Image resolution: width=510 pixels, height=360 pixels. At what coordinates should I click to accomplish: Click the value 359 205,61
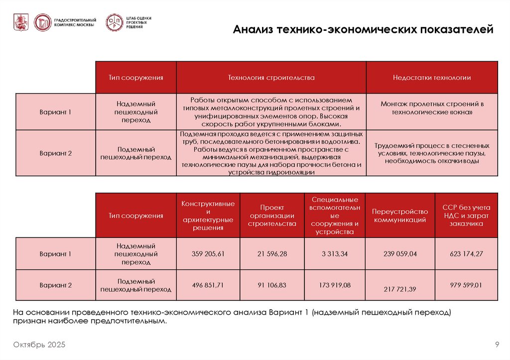pyautogui.click(x=208, y=254)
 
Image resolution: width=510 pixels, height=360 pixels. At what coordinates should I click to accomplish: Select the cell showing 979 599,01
pyautogui.click(x=466, y=285)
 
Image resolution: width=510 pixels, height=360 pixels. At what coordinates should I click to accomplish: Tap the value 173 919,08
pyautogui.click(x=335, y=285)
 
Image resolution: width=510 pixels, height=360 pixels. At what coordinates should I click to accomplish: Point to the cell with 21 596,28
pyautogui.click(x=272, y=254)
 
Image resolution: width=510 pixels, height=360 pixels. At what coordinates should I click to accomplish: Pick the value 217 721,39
pyautogui.click(x=400, y=289)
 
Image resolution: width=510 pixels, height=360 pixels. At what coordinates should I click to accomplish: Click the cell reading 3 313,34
pyautogui.click(x=335, y=254)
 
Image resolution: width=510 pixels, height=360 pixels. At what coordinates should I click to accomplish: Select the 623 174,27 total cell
pyautogui.click(x=466, y=254)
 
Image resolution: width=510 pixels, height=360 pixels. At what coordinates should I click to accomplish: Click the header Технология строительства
pyautogui.click(x=271, y=78)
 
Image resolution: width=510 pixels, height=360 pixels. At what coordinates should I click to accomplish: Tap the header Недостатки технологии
pyautogui.click(x=431, y=78)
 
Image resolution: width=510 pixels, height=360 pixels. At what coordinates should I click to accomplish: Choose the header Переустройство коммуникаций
pyautogui.click(x=400, y=216)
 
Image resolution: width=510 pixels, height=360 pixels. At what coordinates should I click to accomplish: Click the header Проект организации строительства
pyautogui.click(x=272, y=216)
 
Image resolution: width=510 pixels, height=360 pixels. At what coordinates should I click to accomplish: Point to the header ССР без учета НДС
pyautogui.click(x=466, y=216)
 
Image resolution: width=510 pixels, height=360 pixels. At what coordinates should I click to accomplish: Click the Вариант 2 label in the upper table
pyautogui.click(x=56, y=153)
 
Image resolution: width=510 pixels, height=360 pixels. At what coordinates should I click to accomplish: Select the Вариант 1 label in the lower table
pyautogui.click(x=56, y=254)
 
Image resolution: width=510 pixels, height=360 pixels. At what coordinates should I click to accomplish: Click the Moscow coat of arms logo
pyautogui.click(x=21, y=22)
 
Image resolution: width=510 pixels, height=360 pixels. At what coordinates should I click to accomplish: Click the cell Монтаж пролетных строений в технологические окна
pyautogui.click(x=431, y=108)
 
